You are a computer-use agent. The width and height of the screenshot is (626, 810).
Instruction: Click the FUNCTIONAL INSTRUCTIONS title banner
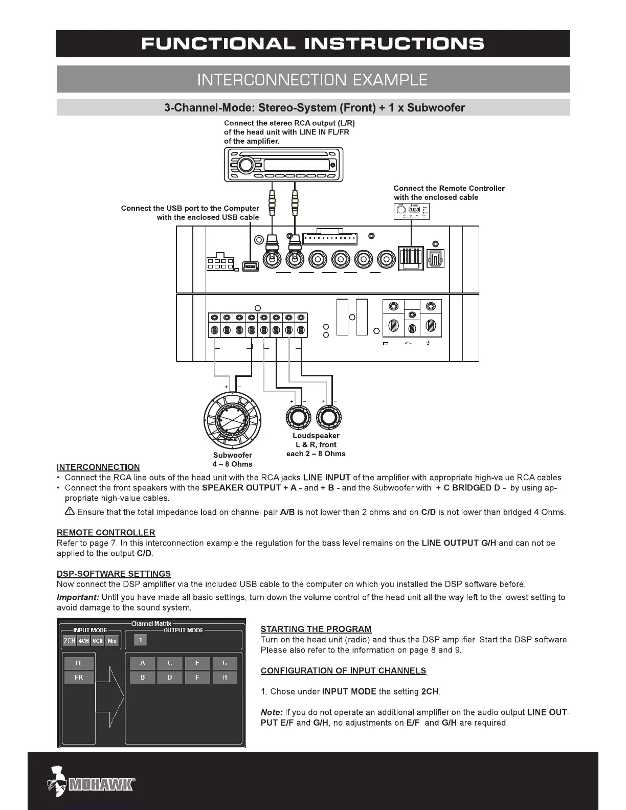pyautogui.click(x=312, y=43)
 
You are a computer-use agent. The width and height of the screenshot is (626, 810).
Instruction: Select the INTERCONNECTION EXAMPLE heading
pyautogui.click(x=312, y=79)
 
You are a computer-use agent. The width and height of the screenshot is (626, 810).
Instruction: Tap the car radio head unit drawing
pyautogui.click(x=283, y=165)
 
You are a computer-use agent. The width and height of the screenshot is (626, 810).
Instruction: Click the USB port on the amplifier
pyautogui.click(x=250, y=266)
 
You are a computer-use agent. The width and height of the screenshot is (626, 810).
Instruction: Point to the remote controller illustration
pyautogui.click(x=411, y=211)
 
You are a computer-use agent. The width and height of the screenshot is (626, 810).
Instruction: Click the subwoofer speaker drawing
pyautogui.click(x=233, y=418)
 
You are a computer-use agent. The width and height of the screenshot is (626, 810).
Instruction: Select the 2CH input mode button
pyautogui.click(x=69, y=641)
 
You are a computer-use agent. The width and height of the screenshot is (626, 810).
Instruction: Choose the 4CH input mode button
pyautogui.click(x=83, y=641)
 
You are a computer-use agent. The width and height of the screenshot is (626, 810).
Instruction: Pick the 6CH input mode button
pyautogui.click(x=98, y=641)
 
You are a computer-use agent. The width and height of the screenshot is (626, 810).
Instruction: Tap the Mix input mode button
pyautogui.click(x=112, y=641)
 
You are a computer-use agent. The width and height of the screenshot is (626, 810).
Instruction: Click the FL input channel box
pyautogui.click(x=79, y=663)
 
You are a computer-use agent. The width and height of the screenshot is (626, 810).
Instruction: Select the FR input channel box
pyautogui.click(x=79, y=678)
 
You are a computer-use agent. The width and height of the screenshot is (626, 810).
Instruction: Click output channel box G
pyautogui.click(x=225, y=663)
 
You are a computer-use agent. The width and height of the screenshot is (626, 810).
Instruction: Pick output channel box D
pyautogui.click(x=170, y=678)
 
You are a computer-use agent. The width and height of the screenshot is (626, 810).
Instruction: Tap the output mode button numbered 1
pyautogui.click(x=140, y=640)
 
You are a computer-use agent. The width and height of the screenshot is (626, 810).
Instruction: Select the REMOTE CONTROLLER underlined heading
pyautogui.click(x=106, y=533)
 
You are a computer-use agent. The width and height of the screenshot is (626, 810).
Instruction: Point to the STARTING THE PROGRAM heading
pyautogui.click(x=316, y=629)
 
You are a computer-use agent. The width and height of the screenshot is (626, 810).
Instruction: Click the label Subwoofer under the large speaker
pyautogui.click(x=232, y=455)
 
